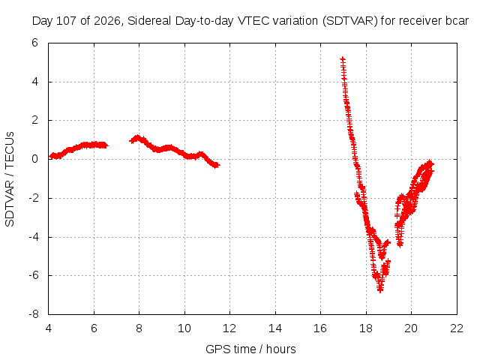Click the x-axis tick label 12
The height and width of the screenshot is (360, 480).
click(229, 328)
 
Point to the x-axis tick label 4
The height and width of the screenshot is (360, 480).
click(48, 328)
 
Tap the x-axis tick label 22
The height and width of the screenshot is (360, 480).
click(457, 328)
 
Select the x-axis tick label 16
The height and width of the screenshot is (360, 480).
click(320, 328)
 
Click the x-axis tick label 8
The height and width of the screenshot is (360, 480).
click(139, 328)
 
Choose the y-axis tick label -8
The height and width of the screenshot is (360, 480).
click(34, 314)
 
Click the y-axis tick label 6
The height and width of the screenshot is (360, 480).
click(35, 43)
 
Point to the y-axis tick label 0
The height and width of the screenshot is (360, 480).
click(35, 159)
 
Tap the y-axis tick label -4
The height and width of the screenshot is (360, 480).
click(34, 237)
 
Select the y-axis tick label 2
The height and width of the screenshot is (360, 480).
click(35, 120)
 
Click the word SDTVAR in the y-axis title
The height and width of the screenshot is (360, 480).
click(10, 203)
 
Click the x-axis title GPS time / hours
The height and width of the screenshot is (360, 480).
click(250, 349)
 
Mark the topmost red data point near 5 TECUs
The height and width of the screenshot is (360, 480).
click(343, 58)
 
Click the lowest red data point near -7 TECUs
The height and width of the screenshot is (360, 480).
click(380, 289)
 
